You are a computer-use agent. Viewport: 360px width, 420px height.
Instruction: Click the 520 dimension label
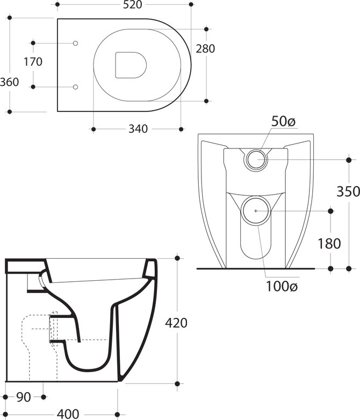pos(132,4)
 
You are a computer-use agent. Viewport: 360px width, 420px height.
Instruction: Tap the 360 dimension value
pos(9,82)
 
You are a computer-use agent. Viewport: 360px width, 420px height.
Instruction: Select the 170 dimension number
pos(33,62)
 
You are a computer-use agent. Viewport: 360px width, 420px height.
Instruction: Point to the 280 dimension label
pos(205,49)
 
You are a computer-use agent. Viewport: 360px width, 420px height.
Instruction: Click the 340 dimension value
pos(138,129)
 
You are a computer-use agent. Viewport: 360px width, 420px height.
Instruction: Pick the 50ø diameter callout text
pos(283,122)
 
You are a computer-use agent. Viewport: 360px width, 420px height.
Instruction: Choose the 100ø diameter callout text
pos(282,287)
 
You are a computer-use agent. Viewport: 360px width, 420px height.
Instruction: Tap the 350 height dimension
pos(348,191)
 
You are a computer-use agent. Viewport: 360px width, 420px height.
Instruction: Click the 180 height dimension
pos(329,244)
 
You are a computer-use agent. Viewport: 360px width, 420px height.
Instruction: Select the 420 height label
pos(176,323)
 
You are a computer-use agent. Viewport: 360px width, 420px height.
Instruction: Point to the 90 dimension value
pos(24,397)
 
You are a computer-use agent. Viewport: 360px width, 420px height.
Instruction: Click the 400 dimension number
pos(68,414)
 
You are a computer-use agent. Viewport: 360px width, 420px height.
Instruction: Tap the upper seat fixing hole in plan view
pos(75,43)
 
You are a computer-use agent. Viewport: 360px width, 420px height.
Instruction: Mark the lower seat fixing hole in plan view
pos(75,87)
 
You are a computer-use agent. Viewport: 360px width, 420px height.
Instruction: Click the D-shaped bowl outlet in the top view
pos(131,65)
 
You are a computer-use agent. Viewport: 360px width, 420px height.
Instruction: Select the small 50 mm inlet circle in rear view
pos(256,160)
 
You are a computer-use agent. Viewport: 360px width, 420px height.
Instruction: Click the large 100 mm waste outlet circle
pos(256,211)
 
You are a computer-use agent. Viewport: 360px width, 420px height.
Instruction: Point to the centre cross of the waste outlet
pos(256,211)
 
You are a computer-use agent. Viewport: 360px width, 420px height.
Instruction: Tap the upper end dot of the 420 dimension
pos(177,258)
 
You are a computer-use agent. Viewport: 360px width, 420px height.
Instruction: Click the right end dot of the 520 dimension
pos(191,4)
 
